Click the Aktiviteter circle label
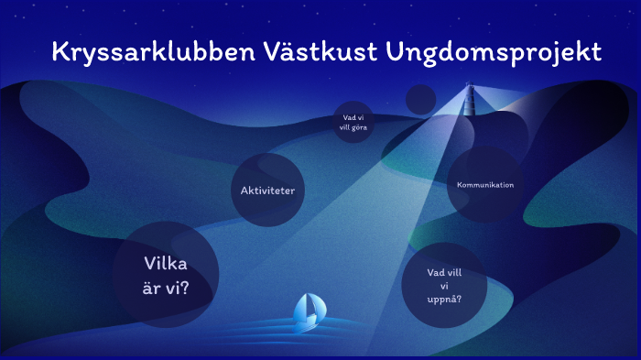point(266,191)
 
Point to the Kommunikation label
point(485,185)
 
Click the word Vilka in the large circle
point(166,264)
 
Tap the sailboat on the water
point(308,313)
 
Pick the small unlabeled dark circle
point(420,99)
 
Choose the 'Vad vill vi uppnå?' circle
point(444,285)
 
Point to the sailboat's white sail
point(310,307)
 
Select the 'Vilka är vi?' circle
point(166,275)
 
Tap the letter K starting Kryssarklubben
point(60,52)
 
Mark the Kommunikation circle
point(484,185)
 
